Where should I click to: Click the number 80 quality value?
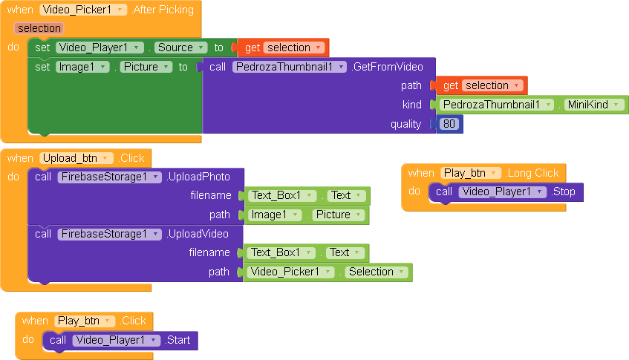click(x=449, y=124)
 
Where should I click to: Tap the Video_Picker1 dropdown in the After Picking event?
click(x=83, y=10)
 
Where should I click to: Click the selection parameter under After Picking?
click(x=39, y=28)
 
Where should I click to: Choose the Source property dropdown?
click(x=181, y=48)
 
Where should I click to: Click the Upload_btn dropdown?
click(x=76, y=158)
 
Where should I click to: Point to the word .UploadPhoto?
click(x=198, y=177)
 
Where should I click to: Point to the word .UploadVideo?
click(x=198, y=234)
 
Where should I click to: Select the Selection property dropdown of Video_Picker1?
click(x=377, y=272)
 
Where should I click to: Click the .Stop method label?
click(x=563, y=192)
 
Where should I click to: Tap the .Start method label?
click(x=177, y=340)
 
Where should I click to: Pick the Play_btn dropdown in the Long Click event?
click(x=471, y=173)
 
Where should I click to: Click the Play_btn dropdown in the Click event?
click(x=85, y=321)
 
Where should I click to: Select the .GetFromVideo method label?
click(x=387, y=67)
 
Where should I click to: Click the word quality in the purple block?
click(x=405, y=124)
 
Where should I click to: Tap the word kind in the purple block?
click(x=412, y=105)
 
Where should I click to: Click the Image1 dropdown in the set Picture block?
click(x=82, y=67)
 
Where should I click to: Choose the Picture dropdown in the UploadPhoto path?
click(x=339, y=215)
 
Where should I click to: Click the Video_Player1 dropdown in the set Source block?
click(x=100, y=48)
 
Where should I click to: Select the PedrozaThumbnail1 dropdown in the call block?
click(x=289, y=67)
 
